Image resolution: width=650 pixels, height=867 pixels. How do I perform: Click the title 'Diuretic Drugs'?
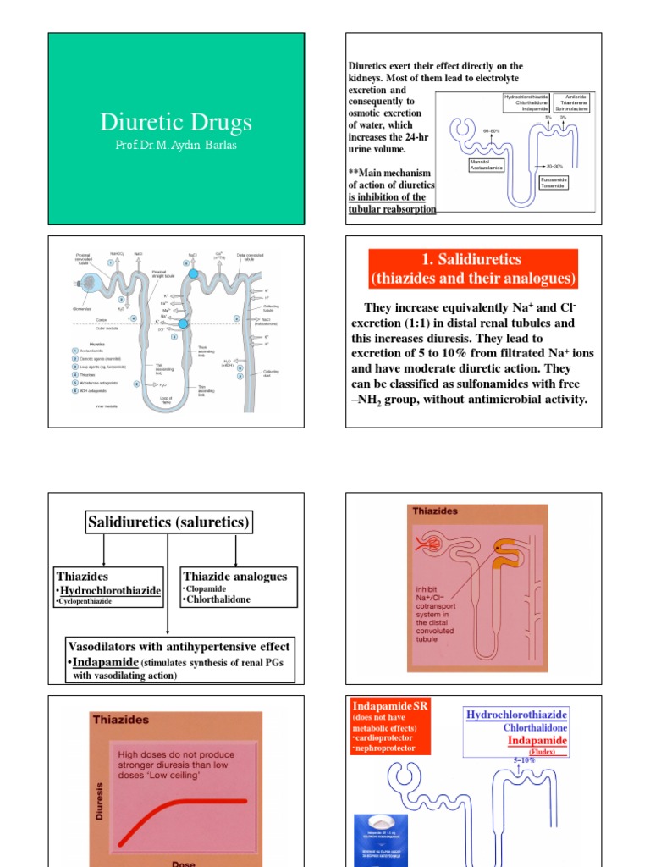coord(175,122)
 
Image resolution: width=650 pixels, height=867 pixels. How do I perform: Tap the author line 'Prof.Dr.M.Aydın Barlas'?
coord(176,145)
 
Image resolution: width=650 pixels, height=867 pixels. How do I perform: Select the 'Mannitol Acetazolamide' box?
coord(487,164)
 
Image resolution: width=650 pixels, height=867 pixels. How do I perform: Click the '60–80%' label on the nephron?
coord(491,131)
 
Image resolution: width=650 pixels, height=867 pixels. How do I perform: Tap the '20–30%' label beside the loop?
coord(554,166)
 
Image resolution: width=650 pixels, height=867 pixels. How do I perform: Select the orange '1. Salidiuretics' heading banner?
coord(473,268)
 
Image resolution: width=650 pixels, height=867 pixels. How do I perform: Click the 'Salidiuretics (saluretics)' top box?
coord(169,522)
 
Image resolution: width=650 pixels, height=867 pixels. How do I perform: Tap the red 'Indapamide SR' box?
coord(390,726)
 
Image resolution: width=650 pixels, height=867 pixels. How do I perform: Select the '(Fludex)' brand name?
coord(537,751)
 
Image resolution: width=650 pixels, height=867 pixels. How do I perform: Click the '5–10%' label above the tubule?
coord(526,760)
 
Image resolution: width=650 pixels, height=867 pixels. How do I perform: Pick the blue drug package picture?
coord(380,839)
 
